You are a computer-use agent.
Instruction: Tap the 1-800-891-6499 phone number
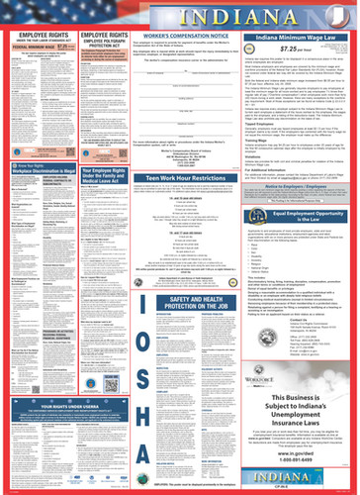[297, 464]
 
